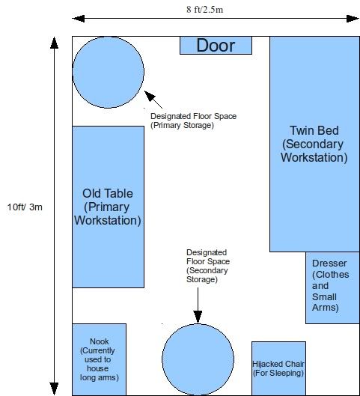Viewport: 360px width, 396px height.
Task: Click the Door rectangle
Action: coord(216,46)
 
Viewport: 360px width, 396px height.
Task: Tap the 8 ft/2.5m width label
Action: coord(205,10)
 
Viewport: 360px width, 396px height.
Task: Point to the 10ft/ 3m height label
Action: coord(25,207)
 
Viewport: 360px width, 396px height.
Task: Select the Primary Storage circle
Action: coord(109,73)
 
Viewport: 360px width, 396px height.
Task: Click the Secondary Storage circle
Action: coord(198,359)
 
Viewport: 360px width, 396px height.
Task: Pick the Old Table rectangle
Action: coord(109,207)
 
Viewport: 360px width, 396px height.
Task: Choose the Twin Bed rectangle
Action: coord(314,144)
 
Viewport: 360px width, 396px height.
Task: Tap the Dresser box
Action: coord(332,287)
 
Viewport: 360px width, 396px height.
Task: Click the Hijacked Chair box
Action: coord(278,368)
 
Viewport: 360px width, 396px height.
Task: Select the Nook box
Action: coord(100,359)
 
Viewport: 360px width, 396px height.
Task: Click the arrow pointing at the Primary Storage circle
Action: coord(153,100)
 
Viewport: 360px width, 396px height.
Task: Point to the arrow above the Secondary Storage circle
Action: coord(198,305)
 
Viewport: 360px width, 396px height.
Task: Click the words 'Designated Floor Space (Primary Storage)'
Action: coord(193,121)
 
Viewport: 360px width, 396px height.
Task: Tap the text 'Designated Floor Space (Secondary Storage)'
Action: coord(208,266)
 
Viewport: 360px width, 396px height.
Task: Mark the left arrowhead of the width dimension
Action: coord(79,19)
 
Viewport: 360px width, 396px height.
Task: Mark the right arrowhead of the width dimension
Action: coord(353,19)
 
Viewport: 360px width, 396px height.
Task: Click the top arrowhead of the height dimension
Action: coord(55,43)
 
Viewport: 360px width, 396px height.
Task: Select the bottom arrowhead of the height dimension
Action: coord(55,389)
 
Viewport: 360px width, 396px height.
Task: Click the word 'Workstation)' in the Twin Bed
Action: coord(314,157)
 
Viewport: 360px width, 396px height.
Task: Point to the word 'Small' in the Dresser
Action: coord(324,296)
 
